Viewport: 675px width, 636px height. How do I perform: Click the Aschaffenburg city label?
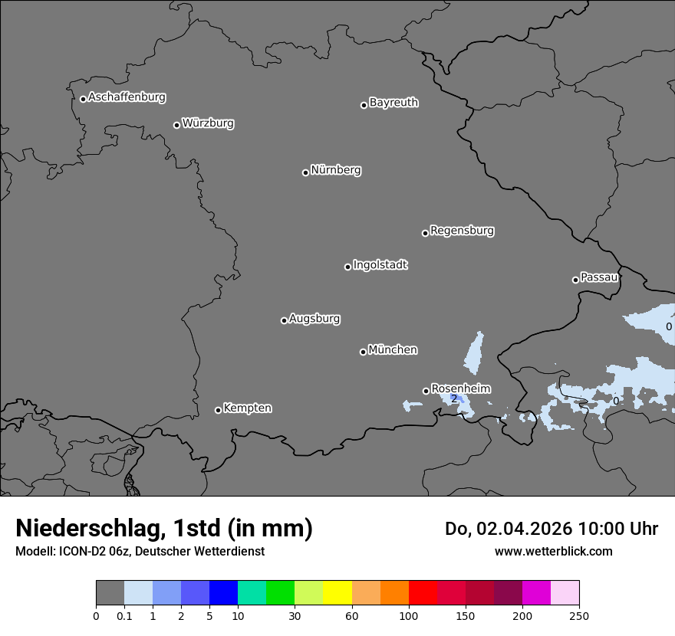pyautogui.click(x=127, y=97)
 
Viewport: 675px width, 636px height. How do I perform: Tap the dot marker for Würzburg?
pyautogui.click(x=176, y=125)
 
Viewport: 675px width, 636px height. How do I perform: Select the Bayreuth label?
pyautogui.click(x=393, y=103)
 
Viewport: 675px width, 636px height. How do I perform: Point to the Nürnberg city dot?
pyautogui.click(x=305, y=172)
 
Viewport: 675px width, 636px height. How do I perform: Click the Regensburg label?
pyautogui.click(x=462, y=231)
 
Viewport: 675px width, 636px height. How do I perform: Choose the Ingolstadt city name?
pyautogui.click(x=380, y=265)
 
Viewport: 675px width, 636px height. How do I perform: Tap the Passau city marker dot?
pyautogui.click(x=575, y=280)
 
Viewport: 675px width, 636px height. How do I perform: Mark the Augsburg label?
pyautogui.click(x=314, y=319)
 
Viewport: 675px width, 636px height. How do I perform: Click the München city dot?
pyautogui.click(x=363, y=352)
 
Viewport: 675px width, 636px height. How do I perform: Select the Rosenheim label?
pyautogui.click(x=460, y=388)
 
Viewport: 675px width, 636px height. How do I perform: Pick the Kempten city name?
pyautogui.click(x=247, y=408)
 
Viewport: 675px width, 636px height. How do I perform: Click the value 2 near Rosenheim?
pyautogui.click(x=453, y=398)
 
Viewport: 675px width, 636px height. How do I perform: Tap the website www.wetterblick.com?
pyautogui.click(x=553, y=552)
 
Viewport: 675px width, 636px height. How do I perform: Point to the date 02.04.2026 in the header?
pyautogui.click(x=525, y=529)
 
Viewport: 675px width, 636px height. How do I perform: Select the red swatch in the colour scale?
pyautogui.click(x=423, y=593)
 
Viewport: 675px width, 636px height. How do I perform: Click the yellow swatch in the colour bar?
pyautogui.click(x=337, y=593)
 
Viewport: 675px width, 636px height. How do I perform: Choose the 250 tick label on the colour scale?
pyautogui.click(x=579, y=615)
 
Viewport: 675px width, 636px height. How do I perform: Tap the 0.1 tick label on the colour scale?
pyautogui.click(x=124, y=615)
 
